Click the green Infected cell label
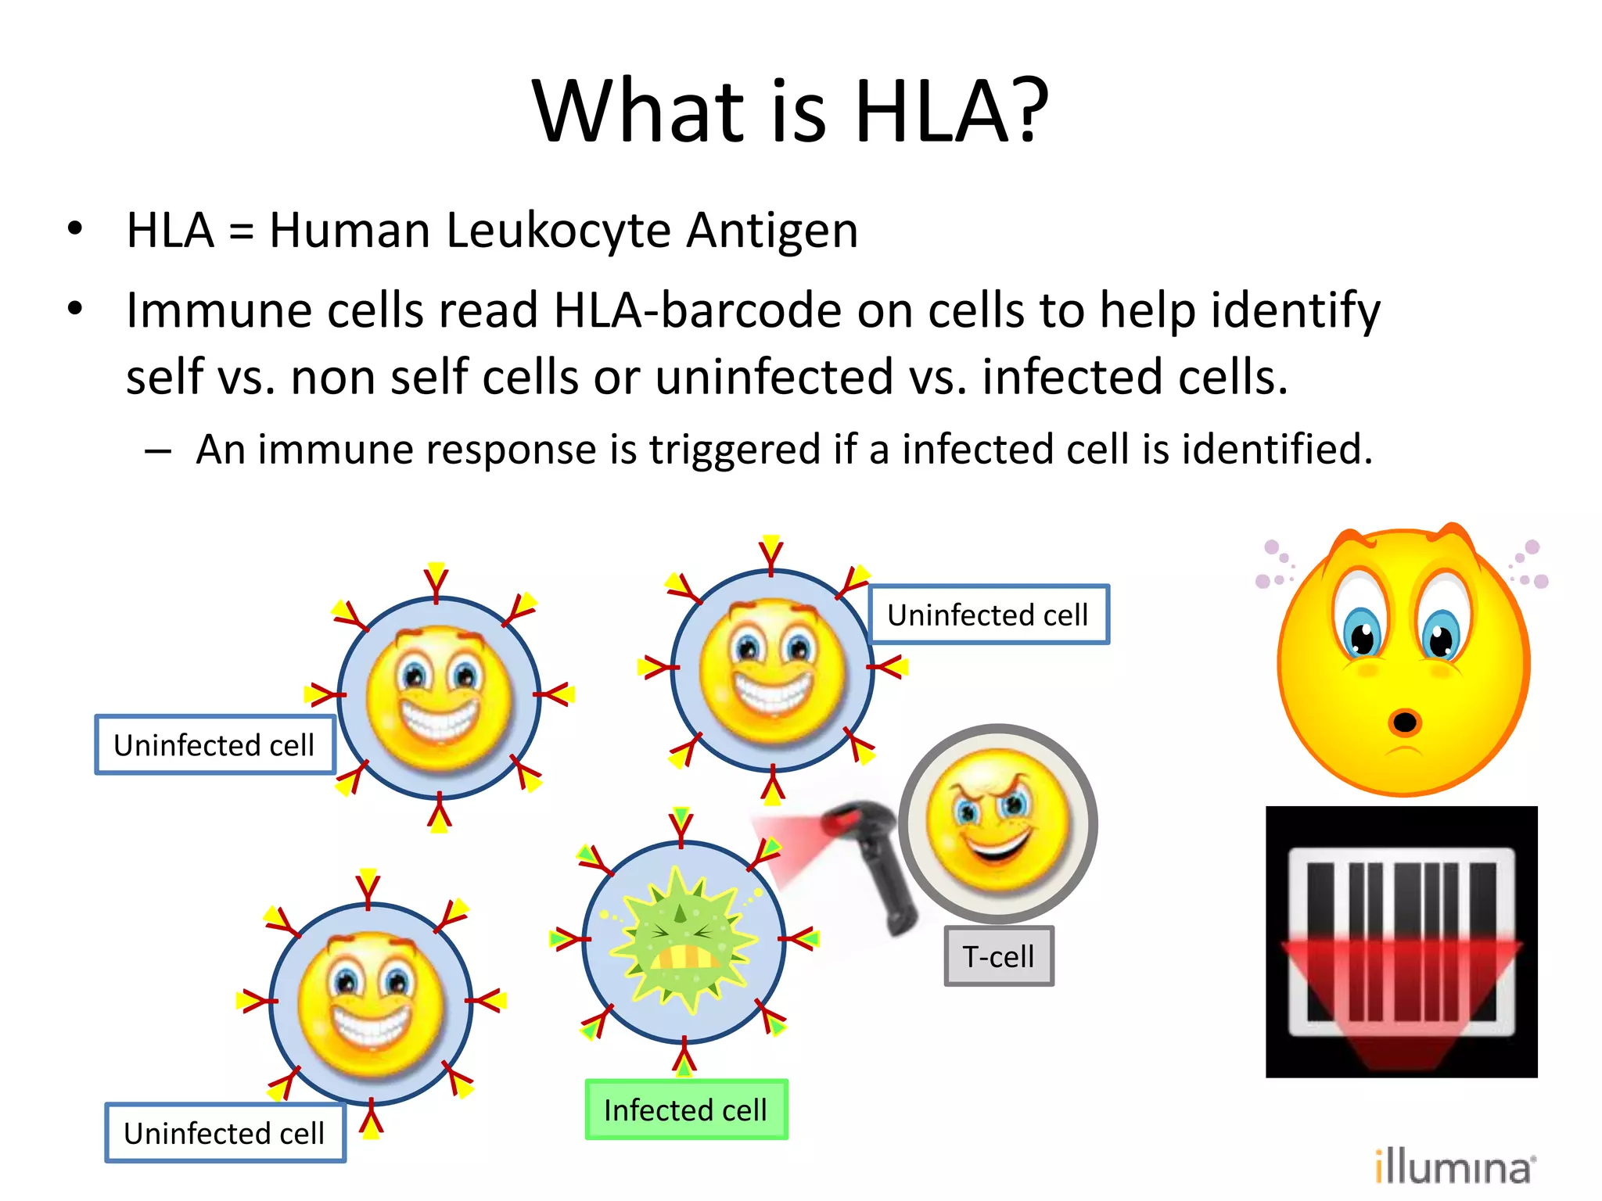pyautogui.click(x=686, y=1110)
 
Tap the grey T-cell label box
pyautogui.click(x=998, y=956)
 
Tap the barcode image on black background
pyautogui.click(x=1401, y=942)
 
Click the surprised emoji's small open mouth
pyautogui.click(x=1405, y=722)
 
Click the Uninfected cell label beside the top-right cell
pyautogui.click(x=988, y=615)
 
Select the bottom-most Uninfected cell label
pyautogui.click(x=224, y=1133)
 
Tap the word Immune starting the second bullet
pyautogui.click(x=220, y=310)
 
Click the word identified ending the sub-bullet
pyautogui.click(x=1276, y=450)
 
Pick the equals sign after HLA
pyautogui.click(x=242, y=232)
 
